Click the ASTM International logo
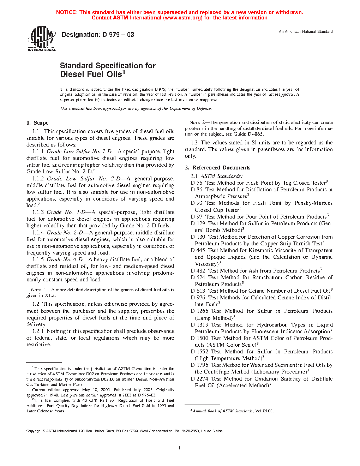pos(42,38)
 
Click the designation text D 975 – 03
pos(98,35)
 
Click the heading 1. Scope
pos(37,123)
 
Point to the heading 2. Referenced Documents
pos(217,168)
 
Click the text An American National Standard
pos(306,31)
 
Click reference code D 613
pos(198,291)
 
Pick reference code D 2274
pos(199,379)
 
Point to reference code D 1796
pos(199,365)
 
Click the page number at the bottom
pos(180,448)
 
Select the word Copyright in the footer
pos(34,431)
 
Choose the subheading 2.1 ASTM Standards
pos(216,176)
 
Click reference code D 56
pos(197,183)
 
